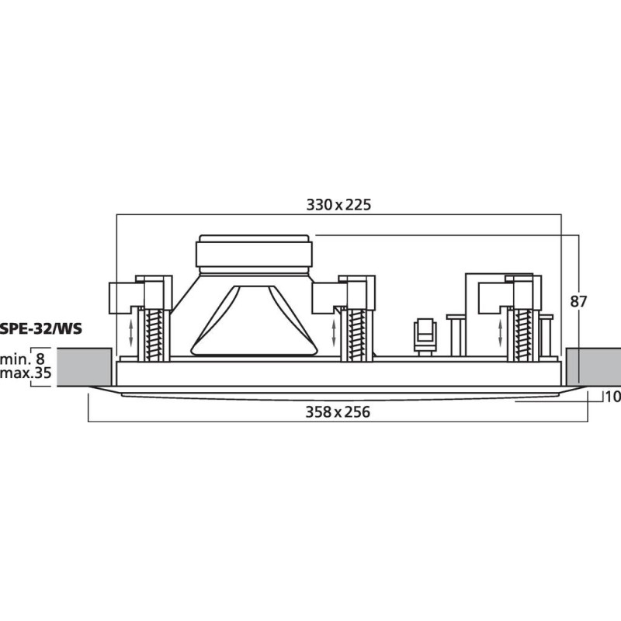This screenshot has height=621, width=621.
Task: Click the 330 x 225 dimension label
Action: click(x=339, y=205)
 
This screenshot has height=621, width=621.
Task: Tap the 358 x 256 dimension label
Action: click(x=337, y=412)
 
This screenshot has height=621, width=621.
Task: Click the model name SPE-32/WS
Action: click(x=42, y=328)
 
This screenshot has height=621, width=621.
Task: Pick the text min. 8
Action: click(x=23, y=359)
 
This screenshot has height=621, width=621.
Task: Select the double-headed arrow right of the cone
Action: click(x=335, y=333)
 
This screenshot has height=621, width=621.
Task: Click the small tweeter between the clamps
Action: click(x=425, y=335)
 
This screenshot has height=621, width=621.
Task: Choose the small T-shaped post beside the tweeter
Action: click(x=456, y=334)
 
